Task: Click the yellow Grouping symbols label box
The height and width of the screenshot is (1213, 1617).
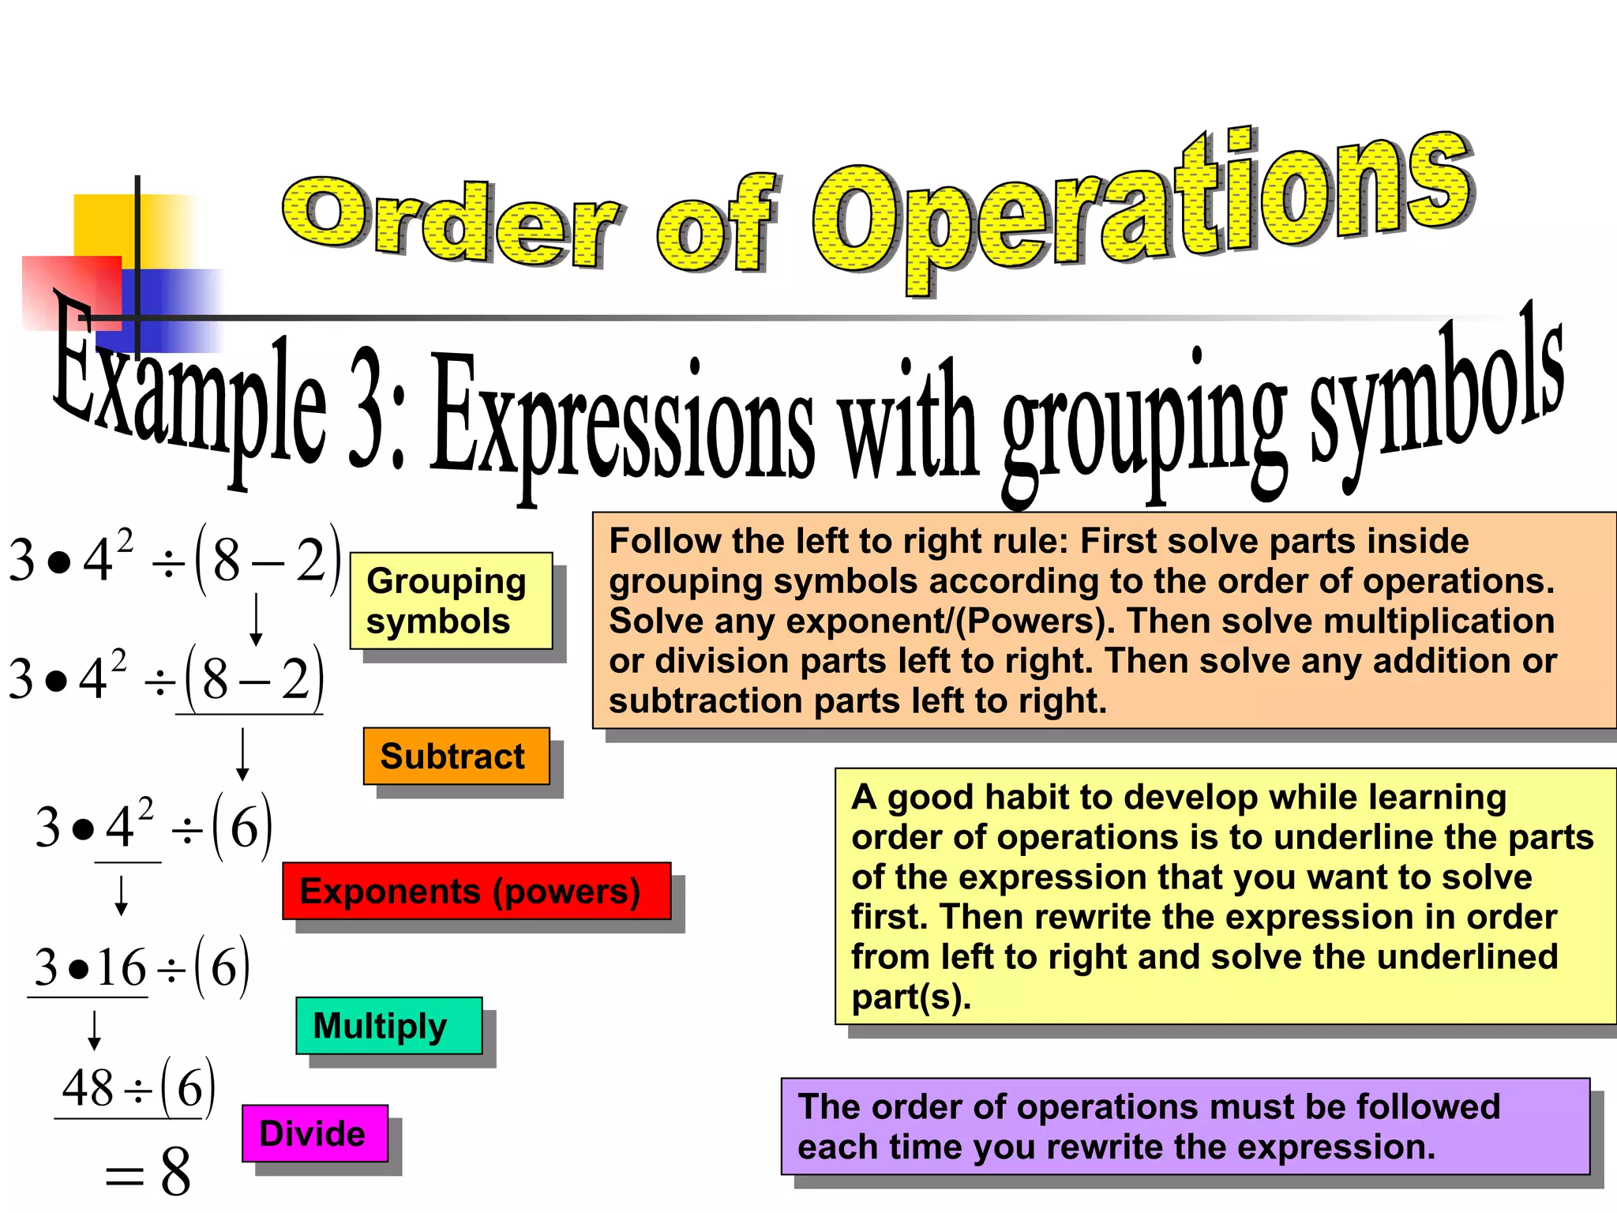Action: click(450, 601)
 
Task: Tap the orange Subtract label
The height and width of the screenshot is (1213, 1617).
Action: click(456, 757)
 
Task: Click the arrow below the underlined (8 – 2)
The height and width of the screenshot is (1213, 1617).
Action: click(242, 754)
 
